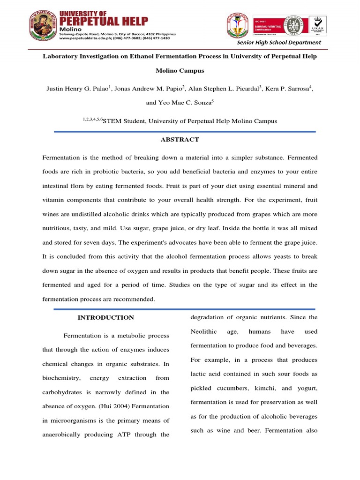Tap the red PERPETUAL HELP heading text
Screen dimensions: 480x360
(x=104, y=22)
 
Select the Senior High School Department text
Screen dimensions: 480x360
(x=279, y=43)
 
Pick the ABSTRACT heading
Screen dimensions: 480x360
(x=180, y=140)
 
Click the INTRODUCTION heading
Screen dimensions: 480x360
(x=105, y=318)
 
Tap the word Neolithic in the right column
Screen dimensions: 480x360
(x=203, y=332)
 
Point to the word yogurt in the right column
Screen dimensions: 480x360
(x=308, y=389)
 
